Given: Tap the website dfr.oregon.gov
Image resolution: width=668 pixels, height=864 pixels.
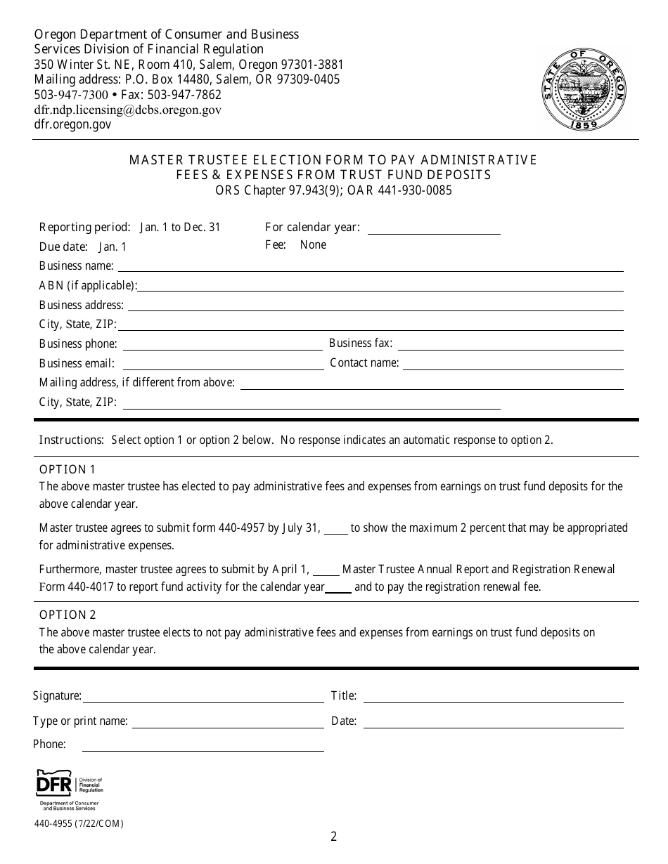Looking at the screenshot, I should [x=72, y=124].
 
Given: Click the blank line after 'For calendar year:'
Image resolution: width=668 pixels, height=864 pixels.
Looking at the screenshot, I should [x=434, y=229].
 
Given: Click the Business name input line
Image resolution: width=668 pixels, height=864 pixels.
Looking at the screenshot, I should [x=370, y=268].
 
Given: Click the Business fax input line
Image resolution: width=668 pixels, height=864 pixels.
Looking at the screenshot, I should [x=510, y=346].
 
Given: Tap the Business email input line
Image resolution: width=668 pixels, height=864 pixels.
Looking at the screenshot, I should [x=222, y=365].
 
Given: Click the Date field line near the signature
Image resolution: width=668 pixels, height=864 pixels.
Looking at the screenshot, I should [x=493, y=723].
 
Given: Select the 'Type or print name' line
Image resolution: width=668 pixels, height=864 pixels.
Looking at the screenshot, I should [x=228, y=723].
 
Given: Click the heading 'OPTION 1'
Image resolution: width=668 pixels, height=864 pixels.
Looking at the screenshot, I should [x=67, y=469].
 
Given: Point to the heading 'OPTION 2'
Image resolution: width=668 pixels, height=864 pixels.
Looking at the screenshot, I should [x=68, y=615].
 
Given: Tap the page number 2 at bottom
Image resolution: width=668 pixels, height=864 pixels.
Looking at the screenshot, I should [x=334, y=837].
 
